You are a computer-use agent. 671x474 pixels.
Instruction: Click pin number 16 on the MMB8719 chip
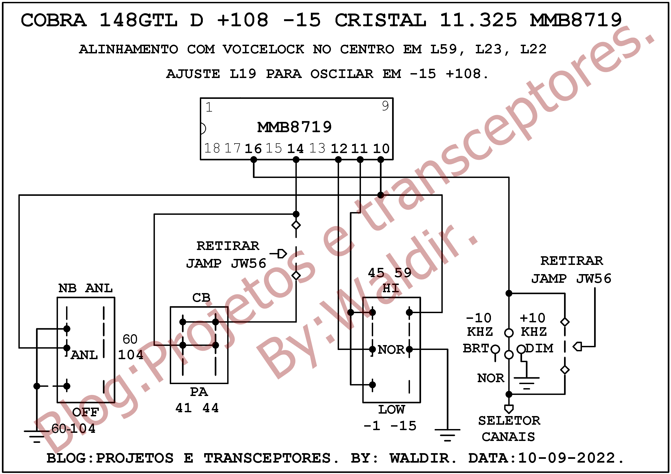pos(253,148)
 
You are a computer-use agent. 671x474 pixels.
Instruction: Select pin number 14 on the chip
pos(295,148)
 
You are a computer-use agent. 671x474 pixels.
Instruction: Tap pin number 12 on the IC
pos(339,148)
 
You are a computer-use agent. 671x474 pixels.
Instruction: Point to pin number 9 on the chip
pos(385,106)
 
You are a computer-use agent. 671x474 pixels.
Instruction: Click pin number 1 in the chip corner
pos(209,107)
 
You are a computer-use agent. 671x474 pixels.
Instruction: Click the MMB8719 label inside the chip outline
pos(294,127)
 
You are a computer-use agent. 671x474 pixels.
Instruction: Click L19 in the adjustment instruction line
pos(243,74)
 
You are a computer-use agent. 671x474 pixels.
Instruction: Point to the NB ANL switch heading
pos(85,288)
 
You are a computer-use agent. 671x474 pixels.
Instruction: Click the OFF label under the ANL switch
pos(86,412)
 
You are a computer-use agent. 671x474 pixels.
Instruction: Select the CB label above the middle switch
pos(201,298)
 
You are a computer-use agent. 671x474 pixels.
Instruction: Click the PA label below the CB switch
pos(199,392)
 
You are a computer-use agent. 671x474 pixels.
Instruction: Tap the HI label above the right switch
pos(391,289)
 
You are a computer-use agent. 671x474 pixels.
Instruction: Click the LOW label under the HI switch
pos(392,410)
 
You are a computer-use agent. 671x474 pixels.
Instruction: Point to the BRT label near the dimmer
pos(476,348)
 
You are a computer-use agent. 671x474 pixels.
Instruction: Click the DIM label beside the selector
pos(539,348)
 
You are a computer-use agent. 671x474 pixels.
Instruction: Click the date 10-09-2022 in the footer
pos(567,458)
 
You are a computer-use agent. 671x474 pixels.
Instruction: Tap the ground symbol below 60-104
pos(37,436)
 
